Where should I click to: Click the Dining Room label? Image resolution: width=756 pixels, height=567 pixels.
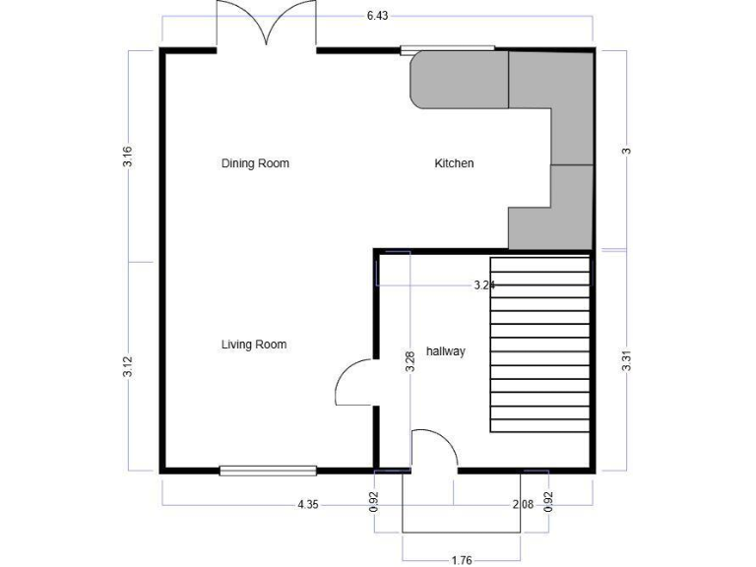click(x=255, y=163)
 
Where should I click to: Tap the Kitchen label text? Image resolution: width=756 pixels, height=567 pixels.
click(x=454, y=163)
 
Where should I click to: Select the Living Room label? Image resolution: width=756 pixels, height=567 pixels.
click(x=254, y=345)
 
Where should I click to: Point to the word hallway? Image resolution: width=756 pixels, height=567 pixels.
click(x=445, y=351)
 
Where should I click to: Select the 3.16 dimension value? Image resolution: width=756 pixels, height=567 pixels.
click(x=128, y=157)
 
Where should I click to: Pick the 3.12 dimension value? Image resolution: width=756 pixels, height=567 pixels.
click(x=128, y=366)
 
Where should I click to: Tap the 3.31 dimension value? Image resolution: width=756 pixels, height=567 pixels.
click(x=626, y=360)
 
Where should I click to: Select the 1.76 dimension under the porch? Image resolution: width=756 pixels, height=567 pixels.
click(x=461, y=560)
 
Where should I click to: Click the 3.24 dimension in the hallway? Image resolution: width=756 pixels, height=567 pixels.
click(x=483, y=285)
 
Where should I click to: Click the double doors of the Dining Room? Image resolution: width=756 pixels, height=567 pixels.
click(x=267, y=25)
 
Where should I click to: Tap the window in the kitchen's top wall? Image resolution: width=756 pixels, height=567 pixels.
click(x=447, y=48)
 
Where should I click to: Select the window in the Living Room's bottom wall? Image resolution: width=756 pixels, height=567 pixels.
click(x=268, y=471)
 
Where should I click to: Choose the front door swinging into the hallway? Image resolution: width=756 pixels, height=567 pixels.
click(x=434, y=450)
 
